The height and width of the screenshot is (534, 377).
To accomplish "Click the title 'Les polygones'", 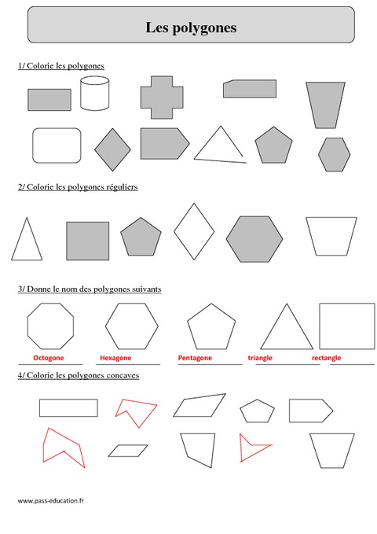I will (x=191, y=28).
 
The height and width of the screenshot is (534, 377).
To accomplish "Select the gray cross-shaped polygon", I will (x=161, y=98).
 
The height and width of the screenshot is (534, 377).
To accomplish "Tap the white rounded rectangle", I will (x=57, y=145).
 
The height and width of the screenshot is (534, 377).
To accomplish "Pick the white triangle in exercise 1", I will (x=219, y=146).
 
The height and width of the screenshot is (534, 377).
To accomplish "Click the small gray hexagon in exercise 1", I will (x=335, y=153).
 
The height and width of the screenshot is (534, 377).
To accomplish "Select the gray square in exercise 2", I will (x=87, y=241).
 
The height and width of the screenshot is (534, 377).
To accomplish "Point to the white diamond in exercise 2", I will (x=193, y=231).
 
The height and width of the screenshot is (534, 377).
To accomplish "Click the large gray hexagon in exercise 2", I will (x=254, y=239).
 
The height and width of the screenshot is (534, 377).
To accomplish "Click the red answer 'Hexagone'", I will (x=115, y=358).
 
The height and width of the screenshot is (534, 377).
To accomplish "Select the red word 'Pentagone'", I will (x=195, y=358).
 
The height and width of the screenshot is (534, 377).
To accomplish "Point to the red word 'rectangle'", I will (x=326, y=358).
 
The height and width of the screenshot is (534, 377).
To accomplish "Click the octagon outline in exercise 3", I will (x=50, y=325).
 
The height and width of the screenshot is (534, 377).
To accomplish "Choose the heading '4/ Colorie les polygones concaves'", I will (x=79, y=376).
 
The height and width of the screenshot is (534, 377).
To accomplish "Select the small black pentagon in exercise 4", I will (x=257, y=411).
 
